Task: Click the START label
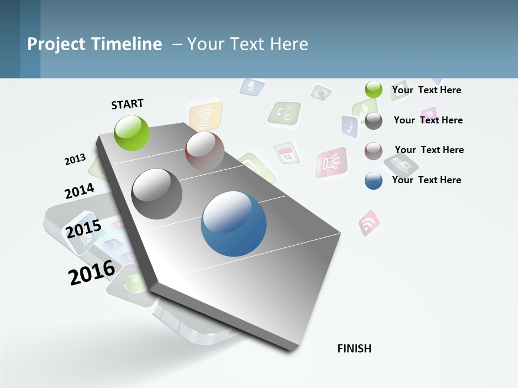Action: point(127,103)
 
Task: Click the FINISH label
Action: point(354,349)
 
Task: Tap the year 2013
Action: point(75,159)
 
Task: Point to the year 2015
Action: point(83,229)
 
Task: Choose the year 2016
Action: point(92,272)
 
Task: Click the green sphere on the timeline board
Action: point(132,133)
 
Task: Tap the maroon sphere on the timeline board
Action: point(205,151)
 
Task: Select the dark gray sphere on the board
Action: point(157,194)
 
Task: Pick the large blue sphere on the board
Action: point(234,224)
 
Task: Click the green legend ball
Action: point(373,90)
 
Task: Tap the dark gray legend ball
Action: point(373,121)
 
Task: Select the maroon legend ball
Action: point(373,151)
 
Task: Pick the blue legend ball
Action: point(373,181)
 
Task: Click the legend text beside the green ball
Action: point(426,91)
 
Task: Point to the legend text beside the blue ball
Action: point(426,180)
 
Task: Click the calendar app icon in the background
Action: point(286,153)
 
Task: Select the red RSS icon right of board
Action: point(369,223)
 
